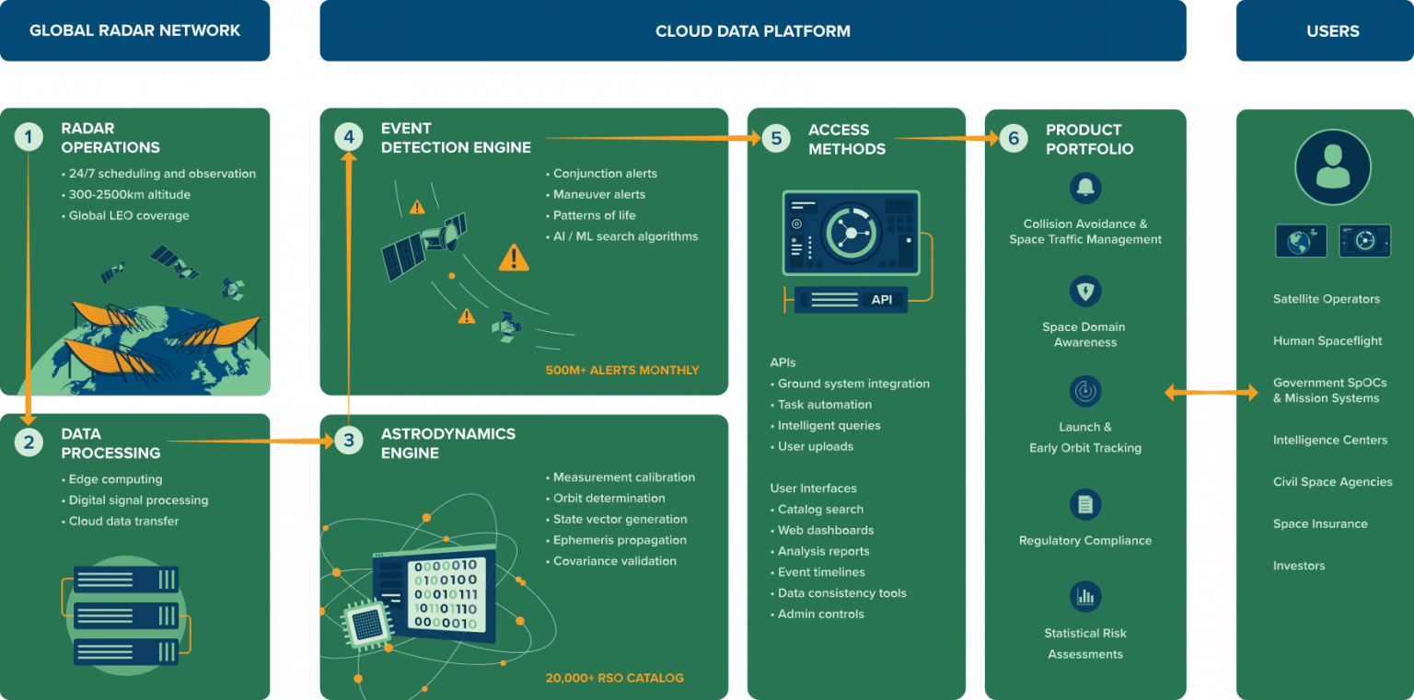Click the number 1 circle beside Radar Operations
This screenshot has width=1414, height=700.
coord(29,137)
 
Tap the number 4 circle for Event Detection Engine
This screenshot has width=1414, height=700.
coord(349,137)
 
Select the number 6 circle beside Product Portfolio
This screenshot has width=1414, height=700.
coord(1014,138)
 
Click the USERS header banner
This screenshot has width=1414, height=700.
coord(1325,30)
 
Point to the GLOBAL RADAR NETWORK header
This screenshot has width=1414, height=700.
coord(134,30)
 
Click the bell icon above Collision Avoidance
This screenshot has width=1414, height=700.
coord(1085,188)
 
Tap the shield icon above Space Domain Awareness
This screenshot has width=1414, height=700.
coord(1085,291)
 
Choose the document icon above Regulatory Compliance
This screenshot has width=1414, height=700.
coord(1085,504)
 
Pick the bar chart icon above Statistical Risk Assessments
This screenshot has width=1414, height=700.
coord(1085,596)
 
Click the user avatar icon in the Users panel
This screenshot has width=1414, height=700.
coord(1333,167)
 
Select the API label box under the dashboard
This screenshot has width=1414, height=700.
coord(851,300)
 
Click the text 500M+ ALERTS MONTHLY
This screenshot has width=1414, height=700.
coord(622,370)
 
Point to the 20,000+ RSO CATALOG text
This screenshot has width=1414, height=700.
coord(615,678)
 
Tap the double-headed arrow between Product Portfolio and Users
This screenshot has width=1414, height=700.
coord(1211,392)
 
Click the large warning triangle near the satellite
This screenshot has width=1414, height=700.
coord(514,258)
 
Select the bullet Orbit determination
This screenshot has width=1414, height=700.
coord(606,499)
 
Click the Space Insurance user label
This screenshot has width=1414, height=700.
coord(1320,523)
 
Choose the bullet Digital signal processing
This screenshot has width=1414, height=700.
coord(135,500)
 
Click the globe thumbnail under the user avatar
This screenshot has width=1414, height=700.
coord(1301,240)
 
